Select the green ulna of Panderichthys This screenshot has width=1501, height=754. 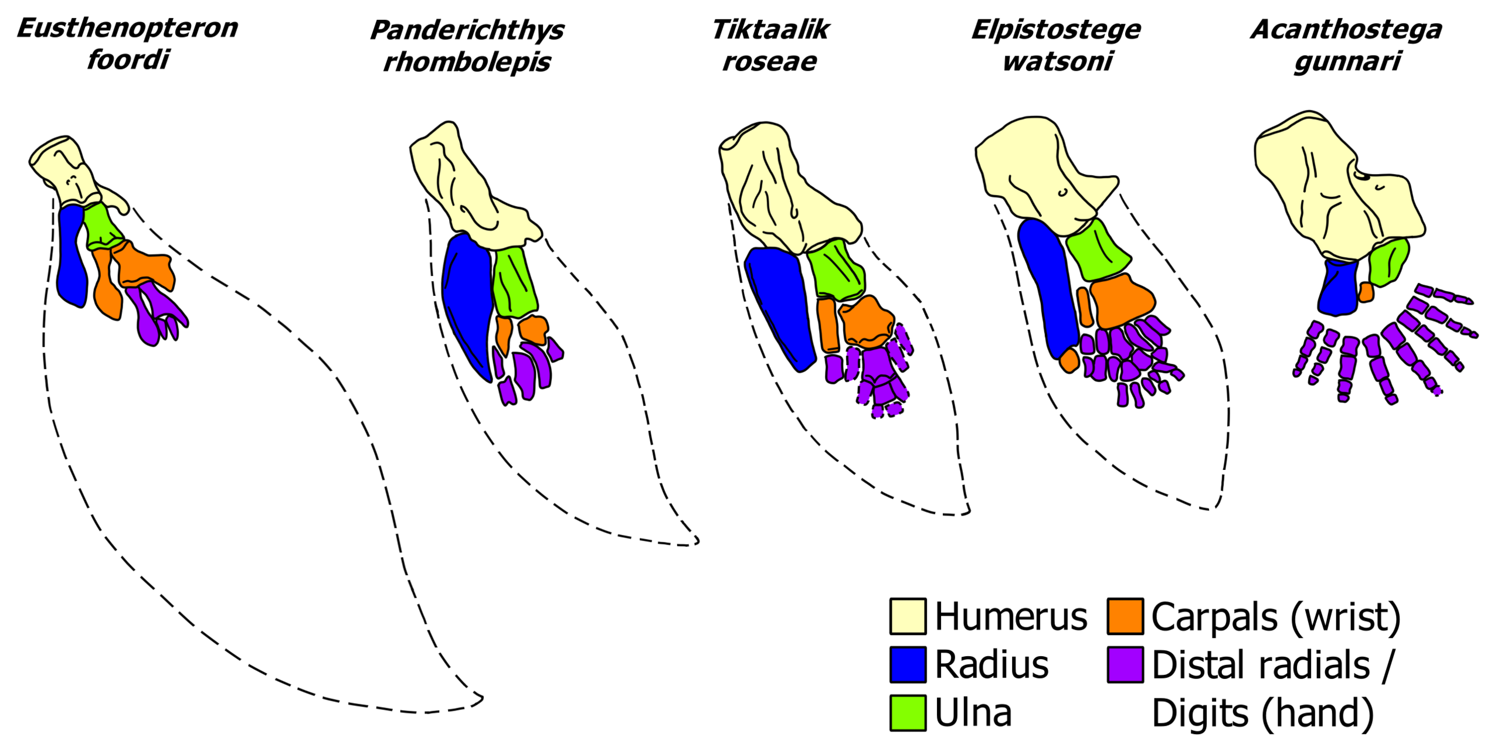click(x=515, y=281)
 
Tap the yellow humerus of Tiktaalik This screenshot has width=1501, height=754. click(x=780, y=187)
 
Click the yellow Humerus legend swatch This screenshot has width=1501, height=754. click(x=908, y=616)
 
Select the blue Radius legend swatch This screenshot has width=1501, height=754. click(x=908, y=664)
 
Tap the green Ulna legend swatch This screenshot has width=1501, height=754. click(x=908, y=712)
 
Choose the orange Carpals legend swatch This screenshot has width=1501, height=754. click(x=1125, y=616)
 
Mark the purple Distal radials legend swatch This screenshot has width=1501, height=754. click(x=1125, y=664)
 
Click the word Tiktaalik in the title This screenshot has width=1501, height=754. click(x=770, y=29)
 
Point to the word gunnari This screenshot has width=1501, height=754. click(x=1347, y=62)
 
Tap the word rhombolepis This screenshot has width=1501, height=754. click(x=467, y=62)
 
